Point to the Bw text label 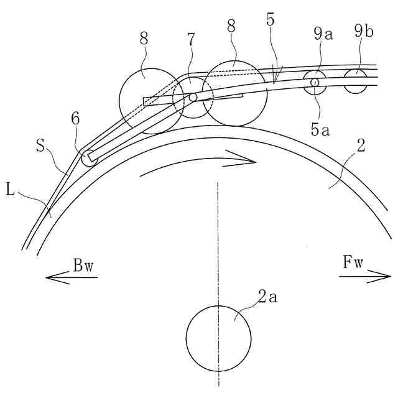[83, 266]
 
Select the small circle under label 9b [356, 81]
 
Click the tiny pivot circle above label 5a [315, 82]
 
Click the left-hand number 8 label [144, 38]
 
